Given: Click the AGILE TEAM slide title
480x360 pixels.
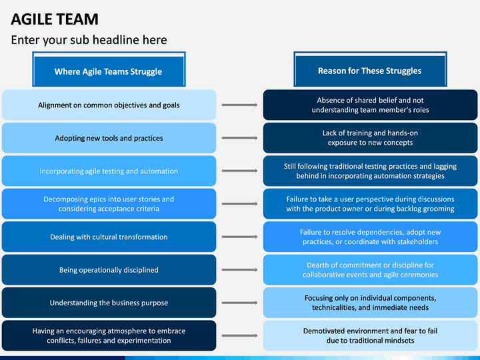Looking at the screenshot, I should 55,19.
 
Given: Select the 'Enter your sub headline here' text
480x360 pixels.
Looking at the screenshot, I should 89,40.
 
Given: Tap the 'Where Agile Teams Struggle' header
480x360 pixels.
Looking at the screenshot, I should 108,71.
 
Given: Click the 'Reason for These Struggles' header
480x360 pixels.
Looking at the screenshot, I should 369,71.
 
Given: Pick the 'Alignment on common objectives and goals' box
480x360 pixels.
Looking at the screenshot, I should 109,105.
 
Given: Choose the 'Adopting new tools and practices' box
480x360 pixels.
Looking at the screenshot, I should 109,138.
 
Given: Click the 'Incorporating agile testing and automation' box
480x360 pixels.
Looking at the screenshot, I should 109,171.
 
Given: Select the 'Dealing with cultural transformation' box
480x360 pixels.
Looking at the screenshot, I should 109,237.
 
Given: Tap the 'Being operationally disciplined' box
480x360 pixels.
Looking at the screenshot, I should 109,270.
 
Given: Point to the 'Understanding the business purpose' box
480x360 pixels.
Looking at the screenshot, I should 109,303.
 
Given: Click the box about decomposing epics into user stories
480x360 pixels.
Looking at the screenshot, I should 109,204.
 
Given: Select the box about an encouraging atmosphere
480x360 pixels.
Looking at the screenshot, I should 109,335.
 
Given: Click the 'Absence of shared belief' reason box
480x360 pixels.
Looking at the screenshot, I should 370,105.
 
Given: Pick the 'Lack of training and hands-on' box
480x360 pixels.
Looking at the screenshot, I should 370,138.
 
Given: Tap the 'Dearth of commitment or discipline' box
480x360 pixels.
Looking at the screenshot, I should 370,270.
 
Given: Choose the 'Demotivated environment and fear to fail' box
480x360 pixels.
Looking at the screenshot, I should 370,335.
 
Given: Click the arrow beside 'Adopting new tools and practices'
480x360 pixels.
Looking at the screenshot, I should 239,138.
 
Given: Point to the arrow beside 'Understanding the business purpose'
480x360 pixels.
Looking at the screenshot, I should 239,303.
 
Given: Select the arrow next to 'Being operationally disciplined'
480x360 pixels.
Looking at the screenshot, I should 239,270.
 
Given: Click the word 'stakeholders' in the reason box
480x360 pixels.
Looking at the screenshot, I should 415,241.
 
